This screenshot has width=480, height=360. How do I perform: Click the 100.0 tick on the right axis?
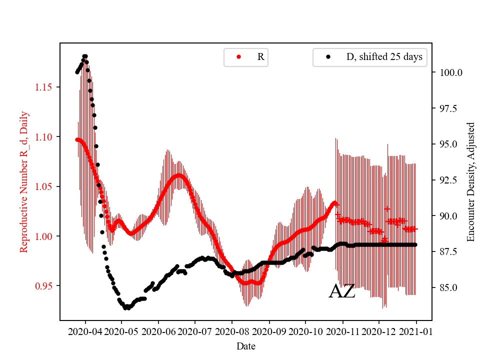click(450, 72)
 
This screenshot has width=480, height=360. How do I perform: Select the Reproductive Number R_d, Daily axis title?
click(24, 182)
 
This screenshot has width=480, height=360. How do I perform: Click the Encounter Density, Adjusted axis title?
click(470, 182)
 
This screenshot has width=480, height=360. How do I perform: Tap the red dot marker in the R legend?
click(238, 57)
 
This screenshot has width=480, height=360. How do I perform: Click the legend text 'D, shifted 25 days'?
click(384, 57)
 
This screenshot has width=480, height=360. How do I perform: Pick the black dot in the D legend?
click(328, 57)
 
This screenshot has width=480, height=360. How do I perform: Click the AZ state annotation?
click(342, 291)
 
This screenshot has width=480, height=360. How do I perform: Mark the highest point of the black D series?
click(84, 56)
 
